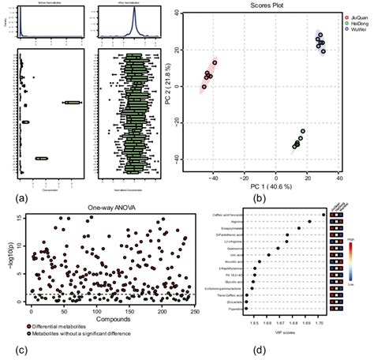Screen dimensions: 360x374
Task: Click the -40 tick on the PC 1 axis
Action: click(x=213, y=178)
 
